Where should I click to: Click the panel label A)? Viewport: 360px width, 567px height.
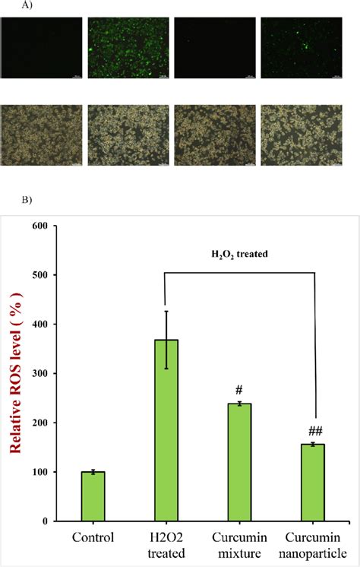(x=10, y=7)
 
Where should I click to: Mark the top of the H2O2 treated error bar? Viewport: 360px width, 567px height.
(x=166, y=311)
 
